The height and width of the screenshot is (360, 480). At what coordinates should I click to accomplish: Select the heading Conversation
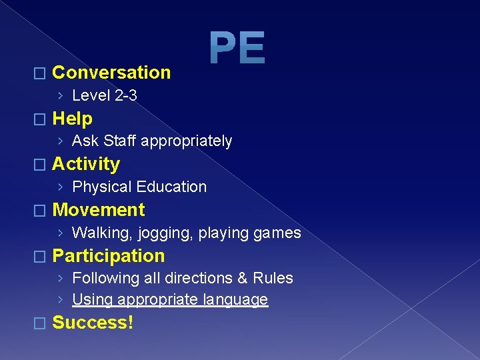(111, 72)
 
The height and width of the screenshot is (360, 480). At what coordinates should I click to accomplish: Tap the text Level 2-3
(105, 95)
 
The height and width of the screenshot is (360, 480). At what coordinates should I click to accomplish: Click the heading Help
(72, 119)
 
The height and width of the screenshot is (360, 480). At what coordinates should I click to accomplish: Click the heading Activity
(86, 164)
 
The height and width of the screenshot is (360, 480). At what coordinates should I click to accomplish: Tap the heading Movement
(98, 210)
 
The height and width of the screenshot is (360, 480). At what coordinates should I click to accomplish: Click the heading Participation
(108, 256)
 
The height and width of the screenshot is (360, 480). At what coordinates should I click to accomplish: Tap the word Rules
(275, 278)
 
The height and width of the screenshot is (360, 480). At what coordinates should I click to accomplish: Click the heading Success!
(93, 323)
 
